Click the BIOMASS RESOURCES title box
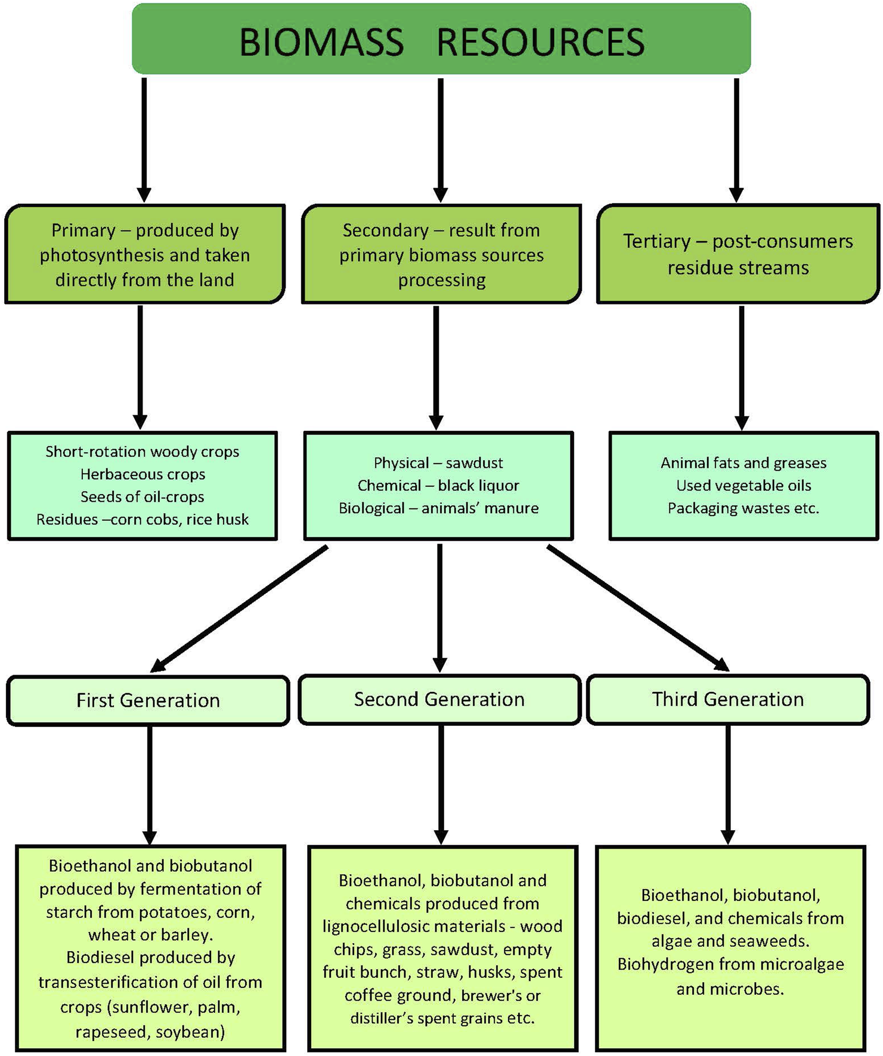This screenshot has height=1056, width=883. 441,41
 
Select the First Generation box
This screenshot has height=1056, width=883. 148,700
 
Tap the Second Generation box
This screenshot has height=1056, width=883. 439,699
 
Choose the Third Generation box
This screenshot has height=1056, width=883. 727,699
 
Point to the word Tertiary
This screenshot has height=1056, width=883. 656,241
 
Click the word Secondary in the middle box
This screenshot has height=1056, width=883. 385,230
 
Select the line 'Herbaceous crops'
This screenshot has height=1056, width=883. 142,474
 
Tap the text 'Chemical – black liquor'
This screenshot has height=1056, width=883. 438,486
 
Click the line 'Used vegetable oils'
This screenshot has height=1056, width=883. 743,486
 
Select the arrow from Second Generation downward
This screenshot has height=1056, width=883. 441,784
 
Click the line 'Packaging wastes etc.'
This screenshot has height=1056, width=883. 743,508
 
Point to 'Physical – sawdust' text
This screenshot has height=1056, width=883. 438,463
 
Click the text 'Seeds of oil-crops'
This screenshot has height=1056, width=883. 142,497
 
